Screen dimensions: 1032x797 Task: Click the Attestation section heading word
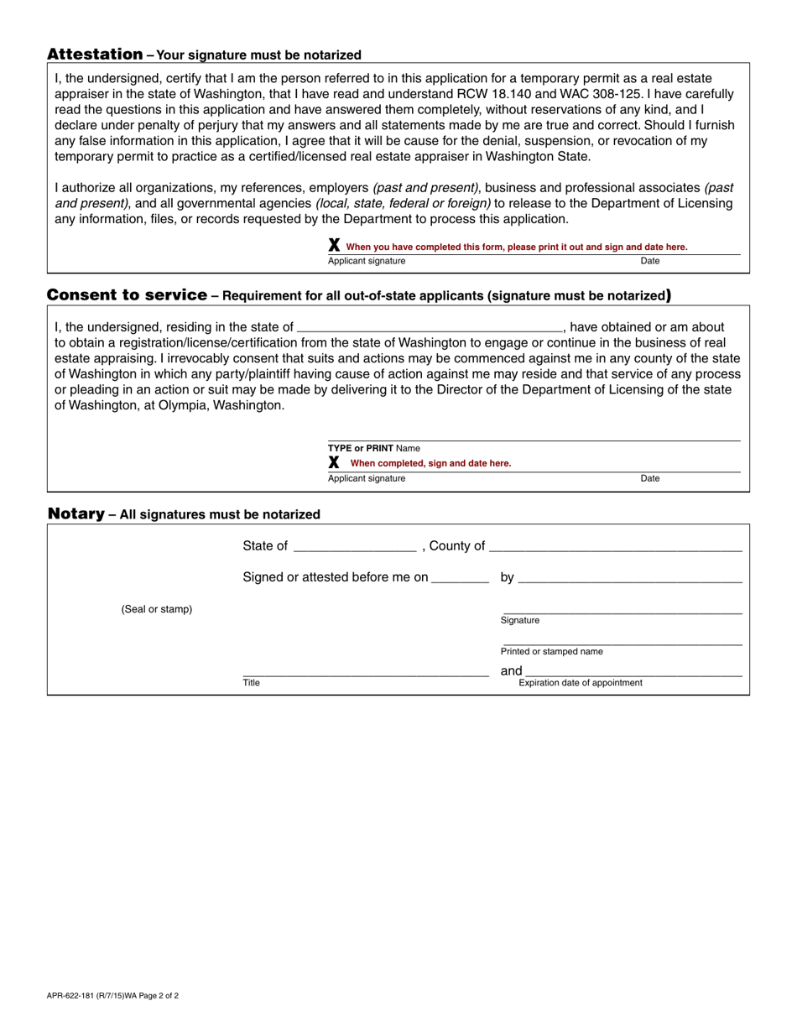coord(95,55)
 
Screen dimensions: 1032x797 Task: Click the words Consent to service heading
coord(127,295)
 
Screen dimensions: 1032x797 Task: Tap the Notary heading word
coord(76,513)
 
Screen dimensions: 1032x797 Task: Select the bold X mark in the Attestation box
coord(334,246)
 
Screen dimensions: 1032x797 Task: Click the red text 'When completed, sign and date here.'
coord(430,463)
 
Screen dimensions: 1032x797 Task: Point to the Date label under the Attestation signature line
coord(649,261)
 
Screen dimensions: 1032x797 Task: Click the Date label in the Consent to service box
coord(649,478)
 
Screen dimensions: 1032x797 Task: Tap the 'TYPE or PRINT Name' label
coord(373,448)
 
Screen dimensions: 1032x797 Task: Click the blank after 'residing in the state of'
coord(430,327)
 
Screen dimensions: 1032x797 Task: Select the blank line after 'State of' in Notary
coord(355,546)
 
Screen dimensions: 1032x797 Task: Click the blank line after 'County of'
coord(615,546)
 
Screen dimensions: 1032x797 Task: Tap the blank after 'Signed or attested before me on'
coord(460,577)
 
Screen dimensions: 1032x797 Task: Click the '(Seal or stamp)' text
coord(157,609)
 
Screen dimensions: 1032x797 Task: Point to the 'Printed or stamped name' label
coord(551,651)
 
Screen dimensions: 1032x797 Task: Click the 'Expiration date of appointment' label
coord(581,682)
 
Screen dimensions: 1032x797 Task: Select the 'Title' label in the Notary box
coord(251,682)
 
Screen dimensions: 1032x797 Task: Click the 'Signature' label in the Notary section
coord(520,620)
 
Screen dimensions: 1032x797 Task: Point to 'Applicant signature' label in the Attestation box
coord(366,261)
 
